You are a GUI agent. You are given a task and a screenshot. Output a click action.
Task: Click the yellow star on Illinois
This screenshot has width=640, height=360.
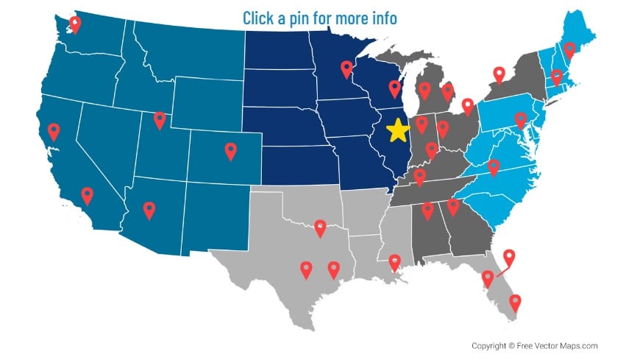click(397, 130)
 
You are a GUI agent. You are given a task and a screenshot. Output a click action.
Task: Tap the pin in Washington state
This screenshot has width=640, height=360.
click(75, 24)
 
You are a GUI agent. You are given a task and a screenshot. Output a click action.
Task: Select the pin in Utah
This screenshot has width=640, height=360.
click(160, 119)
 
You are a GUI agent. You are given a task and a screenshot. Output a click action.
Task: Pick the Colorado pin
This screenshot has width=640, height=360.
click(230, 150)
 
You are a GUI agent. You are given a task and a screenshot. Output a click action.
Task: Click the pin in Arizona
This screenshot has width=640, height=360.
click(149, 210)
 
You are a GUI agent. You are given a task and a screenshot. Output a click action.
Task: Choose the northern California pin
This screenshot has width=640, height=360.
click(53, 131)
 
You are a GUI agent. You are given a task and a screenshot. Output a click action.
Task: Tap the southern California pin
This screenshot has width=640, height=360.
click(88, 195)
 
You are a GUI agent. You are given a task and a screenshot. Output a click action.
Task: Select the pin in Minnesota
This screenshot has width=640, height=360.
click(346, 68)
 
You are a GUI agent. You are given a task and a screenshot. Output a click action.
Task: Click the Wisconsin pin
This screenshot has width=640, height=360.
click(394, 88)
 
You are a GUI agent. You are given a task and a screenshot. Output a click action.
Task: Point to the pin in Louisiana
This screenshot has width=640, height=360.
click(394, 261)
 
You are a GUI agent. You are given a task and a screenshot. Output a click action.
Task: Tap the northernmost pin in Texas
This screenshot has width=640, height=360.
click(320, 227)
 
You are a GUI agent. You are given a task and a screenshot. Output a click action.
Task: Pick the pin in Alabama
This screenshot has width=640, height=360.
click(427, 211)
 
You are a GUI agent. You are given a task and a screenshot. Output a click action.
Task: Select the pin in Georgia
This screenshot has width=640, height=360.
click(453, 206)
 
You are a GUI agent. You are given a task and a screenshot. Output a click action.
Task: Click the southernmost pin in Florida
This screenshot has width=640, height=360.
click(515, 302)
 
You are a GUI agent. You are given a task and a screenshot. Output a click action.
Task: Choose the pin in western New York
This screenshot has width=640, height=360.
click(499, 74)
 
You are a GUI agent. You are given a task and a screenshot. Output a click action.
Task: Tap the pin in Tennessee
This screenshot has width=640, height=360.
click(419, 176)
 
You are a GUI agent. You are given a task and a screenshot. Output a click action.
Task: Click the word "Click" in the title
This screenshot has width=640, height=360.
click(260, 18)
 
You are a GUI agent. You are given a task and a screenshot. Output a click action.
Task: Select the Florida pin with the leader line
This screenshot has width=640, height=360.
click(508, 258)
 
